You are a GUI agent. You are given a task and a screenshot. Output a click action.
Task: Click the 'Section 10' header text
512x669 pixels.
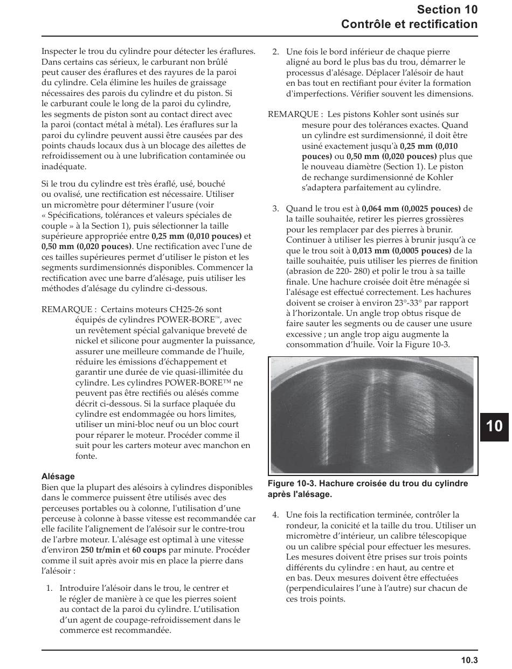click(x=447, y=9)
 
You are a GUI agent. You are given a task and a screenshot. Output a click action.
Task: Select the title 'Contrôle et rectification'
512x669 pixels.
click(x=409, y=24)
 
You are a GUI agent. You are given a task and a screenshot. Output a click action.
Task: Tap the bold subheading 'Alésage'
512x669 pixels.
click(x=58, y=477)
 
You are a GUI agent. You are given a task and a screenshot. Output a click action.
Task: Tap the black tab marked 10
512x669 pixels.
click(x=494, y=425)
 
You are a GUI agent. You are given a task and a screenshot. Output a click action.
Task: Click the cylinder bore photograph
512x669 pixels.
click(x=372, y=416)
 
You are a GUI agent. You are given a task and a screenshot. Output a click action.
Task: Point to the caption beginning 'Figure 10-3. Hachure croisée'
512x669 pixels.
click(x=368, y=488)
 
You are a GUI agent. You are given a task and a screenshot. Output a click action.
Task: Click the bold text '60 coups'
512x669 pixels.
click(x=149, y=550)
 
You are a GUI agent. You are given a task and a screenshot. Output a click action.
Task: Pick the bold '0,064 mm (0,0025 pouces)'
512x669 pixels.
click(x=411, y=209)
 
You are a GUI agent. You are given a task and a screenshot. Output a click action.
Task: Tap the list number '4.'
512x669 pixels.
click(x=275, y=515)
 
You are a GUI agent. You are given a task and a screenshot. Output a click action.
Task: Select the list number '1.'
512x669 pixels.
click(x=49, y=588)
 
